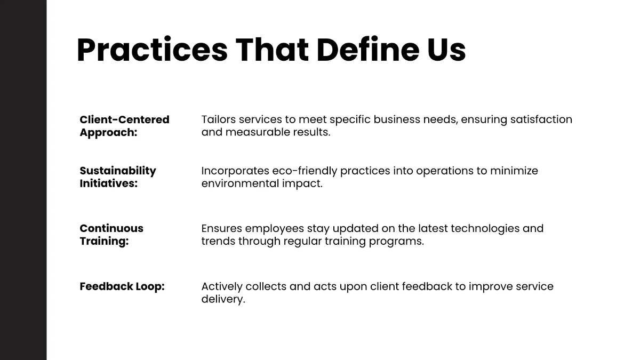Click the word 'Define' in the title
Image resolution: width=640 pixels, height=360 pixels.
367,50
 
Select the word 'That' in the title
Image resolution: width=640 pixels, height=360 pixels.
271,50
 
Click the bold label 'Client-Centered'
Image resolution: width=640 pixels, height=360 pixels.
125,119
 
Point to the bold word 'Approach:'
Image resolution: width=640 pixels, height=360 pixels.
109,133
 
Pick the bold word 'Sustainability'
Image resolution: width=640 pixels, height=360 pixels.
118,171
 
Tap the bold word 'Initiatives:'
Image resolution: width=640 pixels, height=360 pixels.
109,183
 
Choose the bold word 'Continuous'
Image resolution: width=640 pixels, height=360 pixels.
111,228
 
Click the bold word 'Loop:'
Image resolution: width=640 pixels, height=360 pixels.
150,286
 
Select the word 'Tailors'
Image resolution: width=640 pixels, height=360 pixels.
219,119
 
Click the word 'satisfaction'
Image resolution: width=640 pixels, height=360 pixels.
541,119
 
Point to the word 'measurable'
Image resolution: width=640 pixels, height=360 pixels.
258,132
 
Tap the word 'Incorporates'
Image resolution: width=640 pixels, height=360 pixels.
235,171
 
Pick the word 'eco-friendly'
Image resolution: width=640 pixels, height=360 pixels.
305,171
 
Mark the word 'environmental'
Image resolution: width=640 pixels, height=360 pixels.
240,183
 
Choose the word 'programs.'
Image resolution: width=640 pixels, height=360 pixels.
396,242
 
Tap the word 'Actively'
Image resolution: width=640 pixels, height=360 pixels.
222,286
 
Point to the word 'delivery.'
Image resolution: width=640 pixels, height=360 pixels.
223,299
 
